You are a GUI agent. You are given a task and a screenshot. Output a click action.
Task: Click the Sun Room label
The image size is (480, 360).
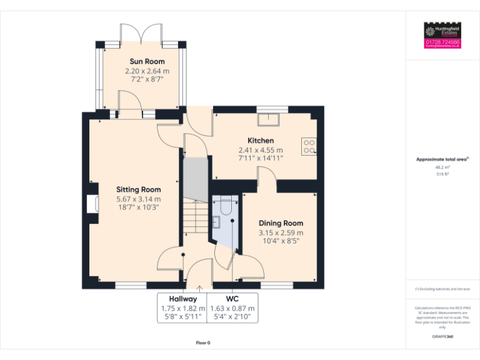pos(147,61)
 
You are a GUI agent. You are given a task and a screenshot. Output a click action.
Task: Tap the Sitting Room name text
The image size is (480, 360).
pos(138,189)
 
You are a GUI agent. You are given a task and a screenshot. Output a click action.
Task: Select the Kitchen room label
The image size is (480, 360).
pos(260,141)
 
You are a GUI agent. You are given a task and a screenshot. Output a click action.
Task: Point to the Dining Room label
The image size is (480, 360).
pos(281,223)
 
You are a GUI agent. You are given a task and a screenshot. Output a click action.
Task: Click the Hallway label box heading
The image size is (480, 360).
pos(182,299)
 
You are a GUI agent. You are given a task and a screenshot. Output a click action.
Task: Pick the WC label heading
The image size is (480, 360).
pos(232,299)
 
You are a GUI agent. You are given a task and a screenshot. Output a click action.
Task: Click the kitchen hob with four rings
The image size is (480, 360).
pos(309,146)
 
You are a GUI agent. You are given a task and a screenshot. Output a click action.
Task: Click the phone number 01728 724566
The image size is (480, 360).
pos(442,42)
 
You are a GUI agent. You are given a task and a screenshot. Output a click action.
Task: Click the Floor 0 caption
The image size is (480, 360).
pos(203,342)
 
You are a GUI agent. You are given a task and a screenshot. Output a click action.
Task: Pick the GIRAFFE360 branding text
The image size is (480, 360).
pos(442,337)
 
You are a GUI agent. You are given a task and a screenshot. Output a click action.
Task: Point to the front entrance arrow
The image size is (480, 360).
pos(199,288)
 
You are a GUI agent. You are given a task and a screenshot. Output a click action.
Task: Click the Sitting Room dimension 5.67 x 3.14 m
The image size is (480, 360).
pos(138,199)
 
